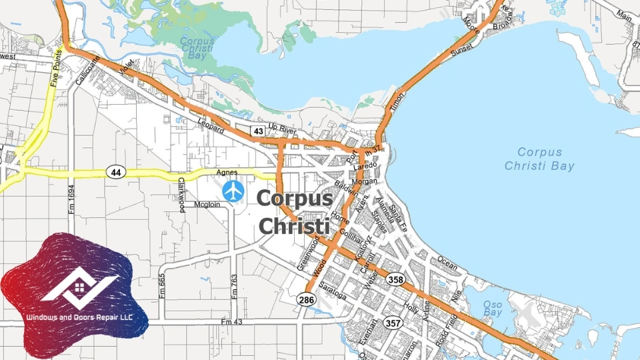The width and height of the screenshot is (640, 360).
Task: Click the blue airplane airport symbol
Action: point(233,191)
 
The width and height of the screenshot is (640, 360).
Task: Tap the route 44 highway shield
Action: point(116,172)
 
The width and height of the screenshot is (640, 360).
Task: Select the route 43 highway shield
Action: point(257,130)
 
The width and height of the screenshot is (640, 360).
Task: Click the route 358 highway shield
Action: point(395,280)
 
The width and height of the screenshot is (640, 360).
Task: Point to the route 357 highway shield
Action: point(393,323)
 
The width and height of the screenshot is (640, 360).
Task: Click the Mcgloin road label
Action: point(207,205)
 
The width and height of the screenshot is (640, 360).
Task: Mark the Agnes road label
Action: point(227,173)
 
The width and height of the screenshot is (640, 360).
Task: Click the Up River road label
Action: point(281,127)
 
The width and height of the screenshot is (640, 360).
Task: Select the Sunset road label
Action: point(461,49)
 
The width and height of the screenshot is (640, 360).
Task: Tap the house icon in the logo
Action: point(79,287)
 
